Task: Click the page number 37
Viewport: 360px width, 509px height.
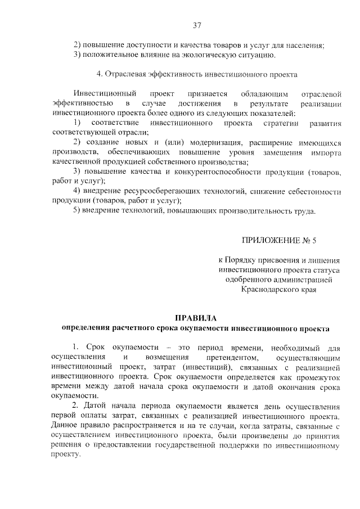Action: pos(196,25)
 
